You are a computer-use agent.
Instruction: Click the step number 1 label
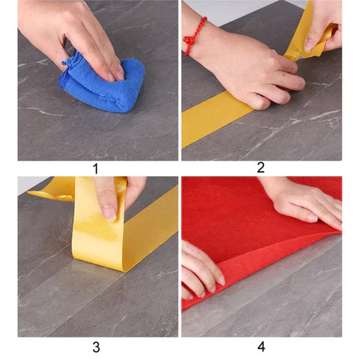tap(95, 169)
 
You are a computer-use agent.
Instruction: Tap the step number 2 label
tap(260, 167)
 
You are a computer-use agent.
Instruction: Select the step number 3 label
tap(96, 347)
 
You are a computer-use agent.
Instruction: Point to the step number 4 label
tap(261, 346)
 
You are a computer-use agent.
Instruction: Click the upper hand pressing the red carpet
tap(306, 202)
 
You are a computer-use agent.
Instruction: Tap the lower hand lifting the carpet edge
tap(200, 270)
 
